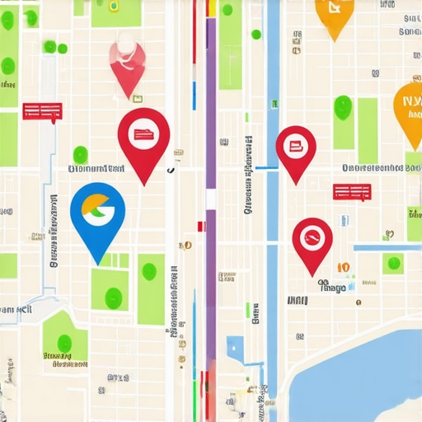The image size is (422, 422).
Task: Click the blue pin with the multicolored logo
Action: pos(97,212)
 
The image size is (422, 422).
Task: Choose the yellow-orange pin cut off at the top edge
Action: pos(333,12)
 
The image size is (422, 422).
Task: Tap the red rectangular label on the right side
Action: pos(351,192)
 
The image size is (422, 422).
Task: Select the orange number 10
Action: pos(343,268)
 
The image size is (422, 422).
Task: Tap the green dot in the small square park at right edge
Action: pos(393,263)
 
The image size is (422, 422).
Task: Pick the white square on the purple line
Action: pos(211,200)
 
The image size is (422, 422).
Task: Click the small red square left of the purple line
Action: pos(199,225)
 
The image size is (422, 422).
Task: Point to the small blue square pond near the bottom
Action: pos(234,345)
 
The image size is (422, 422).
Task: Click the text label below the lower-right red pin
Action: pos(332,287)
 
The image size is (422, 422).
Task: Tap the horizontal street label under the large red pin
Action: pos(96,168)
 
